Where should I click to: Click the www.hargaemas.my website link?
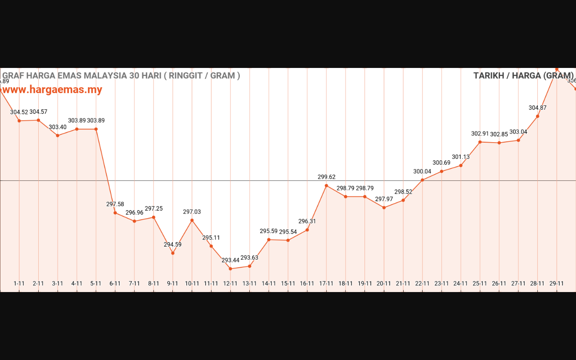point(52,90)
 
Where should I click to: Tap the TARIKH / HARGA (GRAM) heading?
point(523,76)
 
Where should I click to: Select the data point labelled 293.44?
point(230,269)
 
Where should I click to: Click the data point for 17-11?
point(326,185)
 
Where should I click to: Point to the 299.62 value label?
point(326,177)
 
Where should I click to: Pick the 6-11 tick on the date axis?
point(115,283)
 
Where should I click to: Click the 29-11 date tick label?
point(557,283)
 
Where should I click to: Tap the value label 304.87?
point(537,108)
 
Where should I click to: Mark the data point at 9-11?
point(173,253)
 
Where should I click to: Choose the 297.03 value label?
point(192,212)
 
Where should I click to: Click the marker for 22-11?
point(422,180)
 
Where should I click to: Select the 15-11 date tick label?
point(288,283)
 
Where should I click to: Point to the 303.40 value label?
point(58,127)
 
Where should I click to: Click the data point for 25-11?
point(480,142)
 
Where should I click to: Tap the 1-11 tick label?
point(19,283)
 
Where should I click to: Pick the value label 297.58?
point(115,204)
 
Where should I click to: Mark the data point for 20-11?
point(384,207)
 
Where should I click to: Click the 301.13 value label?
point(461,157)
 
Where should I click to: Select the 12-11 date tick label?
point(230,283)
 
